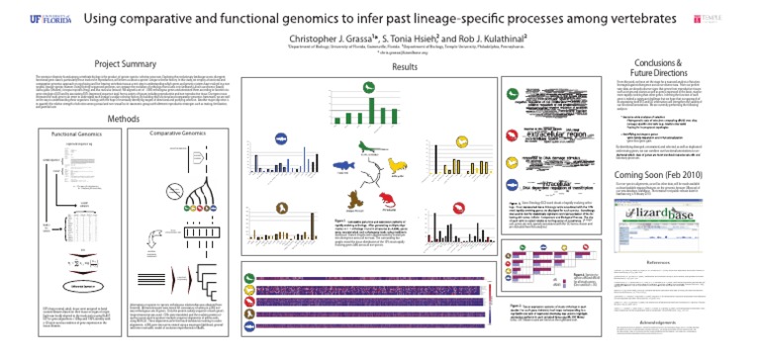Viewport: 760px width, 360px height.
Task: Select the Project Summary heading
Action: pos(134,62)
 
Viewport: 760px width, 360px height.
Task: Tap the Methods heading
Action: pos(128,119)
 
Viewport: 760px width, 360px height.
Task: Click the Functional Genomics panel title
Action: pos(78,133)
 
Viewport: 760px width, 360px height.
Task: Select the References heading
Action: pos(653,264)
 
